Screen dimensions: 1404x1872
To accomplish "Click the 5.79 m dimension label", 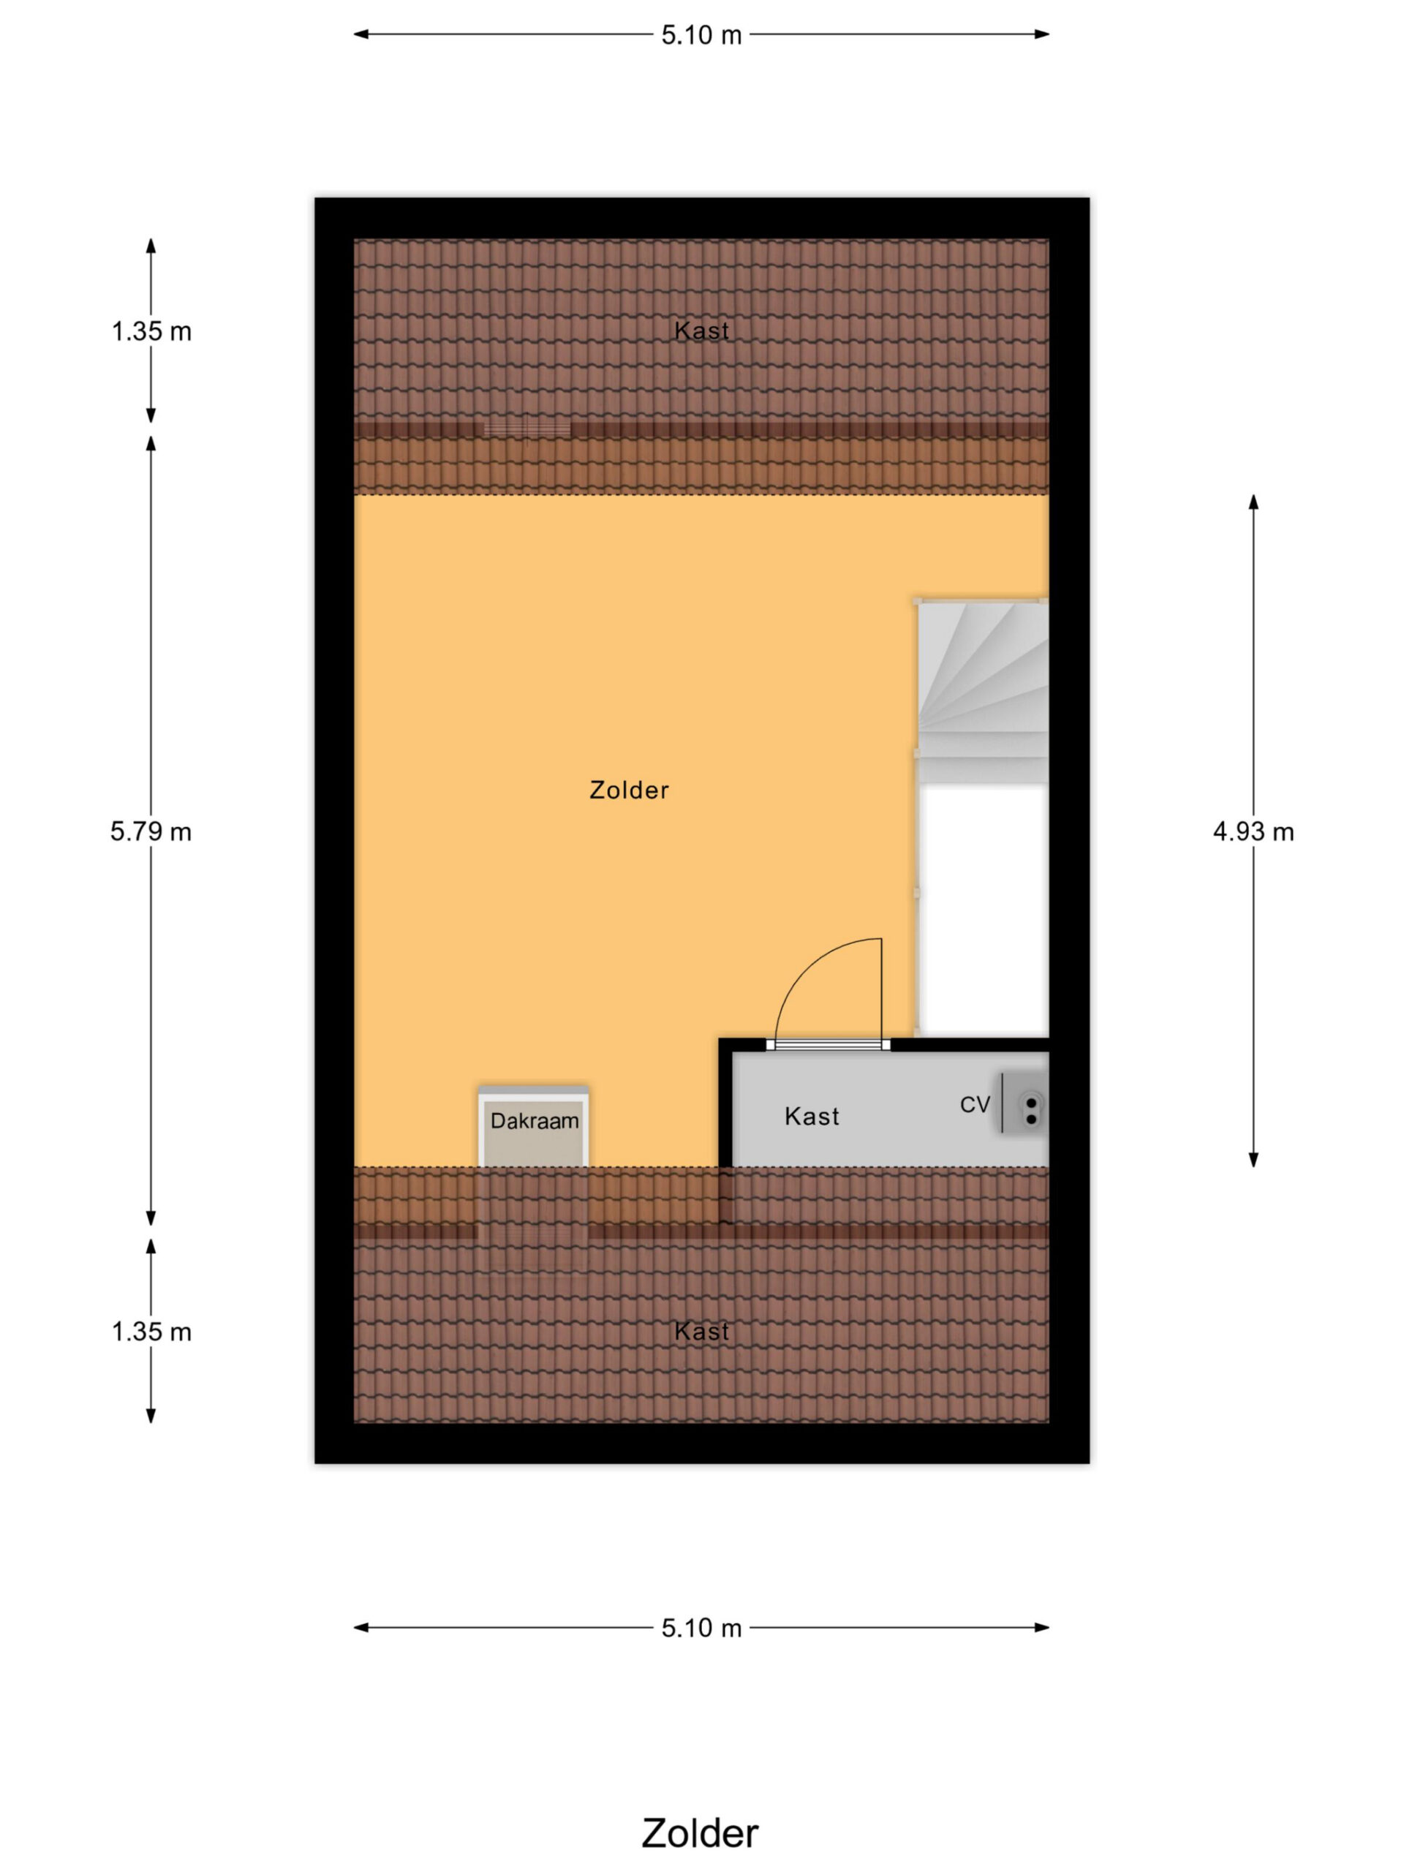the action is pyautogui.click(x=151, y=832).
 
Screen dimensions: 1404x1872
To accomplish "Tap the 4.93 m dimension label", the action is pyautogui.click(x=1253, y=832).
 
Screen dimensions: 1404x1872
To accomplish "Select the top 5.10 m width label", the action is pyautogui.click(x=701, y=34).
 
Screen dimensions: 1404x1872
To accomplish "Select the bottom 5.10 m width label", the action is pyautogui.click(x=701, y=1628).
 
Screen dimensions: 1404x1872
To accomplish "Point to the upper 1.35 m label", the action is pyautogui.click(x=151, y=331).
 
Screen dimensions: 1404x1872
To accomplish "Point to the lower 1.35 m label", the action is pyautogui.click(x=151, y=1331).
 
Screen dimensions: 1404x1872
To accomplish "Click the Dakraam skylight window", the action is pyautogui.click(x=534, y=1128).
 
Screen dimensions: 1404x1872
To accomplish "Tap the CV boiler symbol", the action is pyautogui.click(x=1026, y=1102).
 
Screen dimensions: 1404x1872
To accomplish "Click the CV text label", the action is pyautogui.click(x=975, y=1103).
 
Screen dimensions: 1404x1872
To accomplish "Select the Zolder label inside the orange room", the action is pyautogui.click(x=629, y=790).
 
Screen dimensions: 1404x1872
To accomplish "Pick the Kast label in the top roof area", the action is pyautogui.click(x=701, y=331).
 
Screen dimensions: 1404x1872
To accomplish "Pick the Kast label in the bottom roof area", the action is pyautogui.click(x=701, y=1331).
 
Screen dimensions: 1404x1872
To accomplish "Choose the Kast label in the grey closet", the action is pyautogui.click(x=812, y=1117).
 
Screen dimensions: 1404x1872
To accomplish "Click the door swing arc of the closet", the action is pyautogui.click(x=804, y=965).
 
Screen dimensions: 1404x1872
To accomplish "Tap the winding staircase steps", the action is pyautogui.click(x=984, y=690).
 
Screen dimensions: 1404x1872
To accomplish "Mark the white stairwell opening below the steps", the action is pyautogui.click(x=984, y=910).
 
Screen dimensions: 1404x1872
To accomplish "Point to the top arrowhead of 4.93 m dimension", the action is pyautogui.click(x=1253, y=501).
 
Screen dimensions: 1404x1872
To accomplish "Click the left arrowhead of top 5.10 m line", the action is pyautogui.click(x=361, y=34).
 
